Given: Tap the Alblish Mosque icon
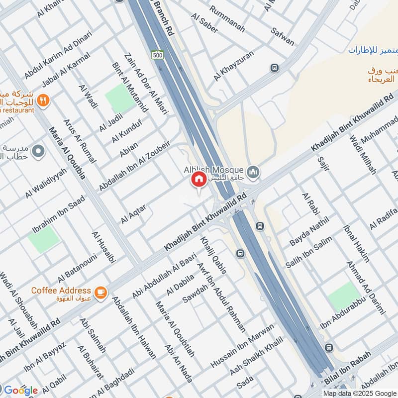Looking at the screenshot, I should [x=254, y=171].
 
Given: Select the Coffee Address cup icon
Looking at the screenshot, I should [x=101, y=294].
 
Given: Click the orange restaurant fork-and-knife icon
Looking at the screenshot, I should [x=43, y=99].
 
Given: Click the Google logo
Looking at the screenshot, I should [x=21, y=390].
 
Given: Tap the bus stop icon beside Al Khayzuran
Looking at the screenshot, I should [x=274, y=68].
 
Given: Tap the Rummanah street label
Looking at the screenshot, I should [x=227, y=19].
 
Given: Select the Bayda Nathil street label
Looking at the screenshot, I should [x=309, y=231].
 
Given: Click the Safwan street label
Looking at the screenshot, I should [x=283, y=35].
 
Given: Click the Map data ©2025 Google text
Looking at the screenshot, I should [x=356, y=393].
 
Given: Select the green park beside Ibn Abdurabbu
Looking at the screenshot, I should [x=344, y=297].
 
